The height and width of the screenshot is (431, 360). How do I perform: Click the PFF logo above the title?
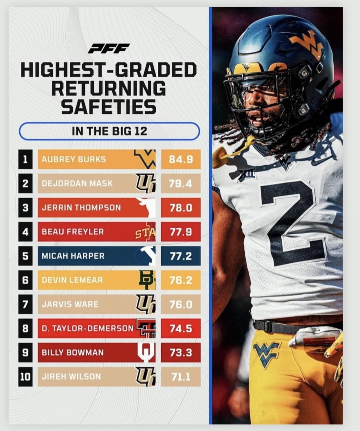point(109,48)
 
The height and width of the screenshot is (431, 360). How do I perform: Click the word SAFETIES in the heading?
point(109,106)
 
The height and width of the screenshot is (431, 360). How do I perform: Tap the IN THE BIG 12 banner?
point(109,131)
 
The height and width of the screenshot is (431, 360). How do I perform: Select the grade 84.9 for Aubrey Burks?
point(181,159)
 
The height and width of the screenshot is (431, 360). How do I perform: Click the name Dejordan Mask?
point(77,183)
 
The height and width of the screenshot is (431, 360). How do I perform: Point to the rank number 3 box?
point(26,208)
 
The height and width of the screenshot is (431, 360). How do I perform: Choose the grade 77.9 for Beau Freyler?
point(181,232)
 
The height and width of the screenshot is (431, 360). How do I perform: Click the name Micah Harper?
point(73,256)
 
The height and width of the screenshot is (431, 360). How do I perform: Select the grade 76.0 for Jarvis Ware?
point(181,304)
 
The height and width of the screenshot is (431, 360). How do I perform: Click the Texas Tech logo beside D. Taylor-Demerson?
point(146,328)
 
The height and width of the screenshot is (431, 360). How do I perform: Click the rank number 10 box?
point(26,377)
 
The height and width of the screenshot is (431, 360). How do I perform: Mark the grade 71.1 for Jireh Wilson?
point(181,377)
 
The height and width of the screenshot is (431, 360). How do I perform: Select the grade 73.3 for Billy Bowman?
point(181,352)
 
